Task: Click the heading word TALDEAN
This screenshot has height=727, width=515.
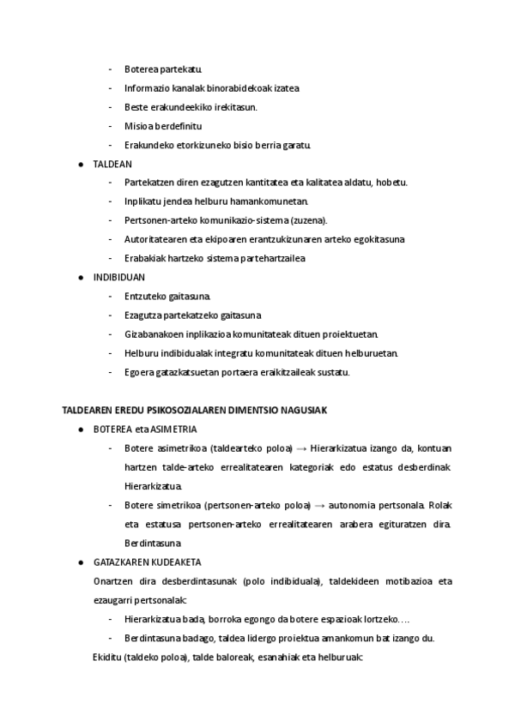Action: pos(112,163)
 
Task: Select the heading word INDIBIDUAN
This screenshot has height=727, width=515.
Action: pos(118,277)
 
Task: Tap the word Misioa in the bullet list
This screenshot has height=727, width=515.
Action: pos(137,125)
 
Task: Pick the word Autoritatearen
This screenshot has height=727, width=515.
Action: pos(154,238)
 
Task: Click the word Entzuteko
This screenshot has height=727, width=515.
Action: pos(144,296)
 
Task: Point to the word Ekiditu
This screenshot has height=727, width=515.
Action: pos(106,657)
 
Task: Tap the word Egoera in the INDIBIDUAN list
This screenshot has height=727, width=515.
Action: pos(138,372)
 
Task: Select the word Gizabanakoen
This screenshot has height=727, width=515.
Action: pos(153,333)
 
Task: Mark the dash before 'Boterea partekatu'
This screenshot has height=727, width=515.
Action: pos(110,69)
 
